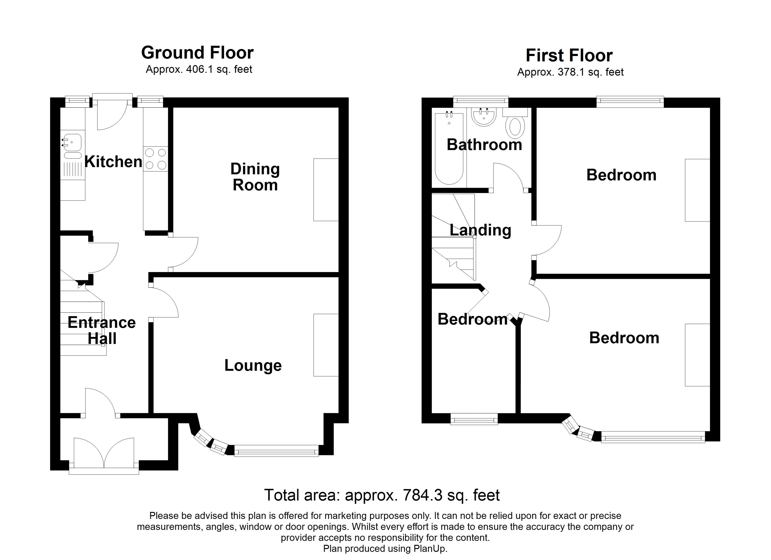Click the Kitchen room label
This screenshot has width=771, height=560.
(x=113, y=162)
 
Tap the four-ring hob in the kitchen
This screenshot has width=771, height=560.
(x=156, y=159)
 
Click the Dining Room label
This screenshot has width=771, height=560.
(x=255, y=177)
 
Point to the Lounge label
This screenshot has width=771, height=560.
(x=253, y=365)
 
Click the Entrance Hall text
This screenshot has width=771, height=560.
(x=102, y=330)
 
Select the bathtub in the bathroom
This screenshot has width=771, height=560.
(x=449, y=149)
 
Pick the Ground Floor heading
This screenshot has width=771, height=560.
(x=197, y=53)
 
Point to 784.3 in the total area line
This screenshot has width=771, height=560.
(x=423, y=495)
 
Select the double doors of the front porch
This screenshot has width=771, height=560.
(x=104, y=453)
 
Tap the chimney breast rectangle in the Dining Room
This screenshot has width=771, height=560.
(x=326, y=190)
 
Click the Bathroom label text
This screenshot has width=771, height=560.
(x=484, y=145)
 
